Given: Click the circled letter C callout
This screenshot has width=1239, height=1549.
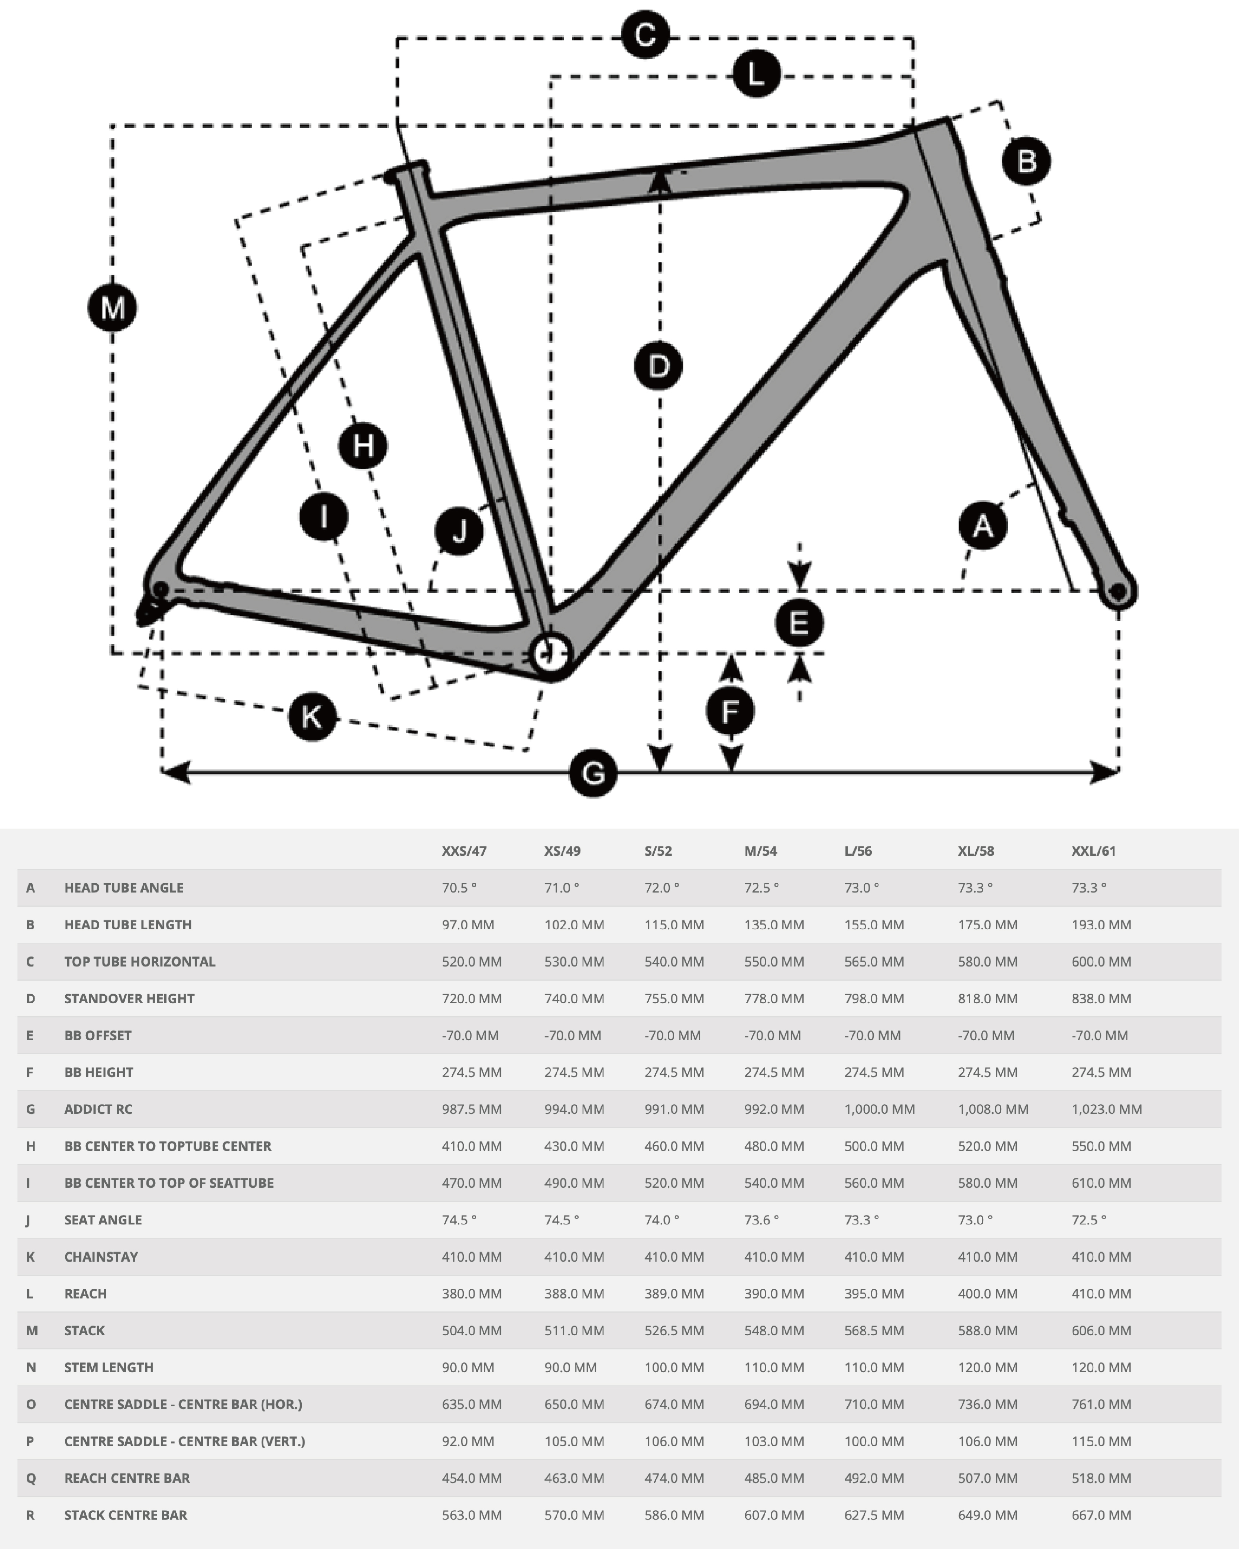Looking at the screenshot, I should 645,35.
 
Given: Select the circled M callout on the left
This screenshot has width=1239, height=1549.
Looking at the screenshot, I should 112,308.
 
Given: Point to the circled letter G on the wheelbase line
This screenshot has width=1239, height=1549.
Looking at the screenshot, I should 593,773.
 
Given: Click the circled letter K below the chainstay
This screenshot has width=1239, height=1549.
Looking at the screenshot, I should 312,716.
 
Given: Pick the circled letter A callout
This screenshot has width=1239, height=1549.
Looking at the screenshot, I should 983,526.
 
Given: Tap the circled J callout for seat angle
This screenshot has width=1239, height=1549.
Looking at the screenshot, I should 459,531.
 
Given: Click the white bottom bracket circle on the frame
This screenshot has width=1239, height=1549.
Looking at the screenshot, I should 550,654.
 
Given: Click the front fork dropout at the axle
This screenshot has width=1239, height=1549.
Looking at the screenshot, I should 1117,591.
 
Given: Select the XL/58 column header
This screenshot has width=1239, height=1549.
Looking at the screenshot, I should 976,851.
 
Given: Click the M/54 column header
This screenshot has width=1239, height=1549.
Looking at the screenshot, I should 760,851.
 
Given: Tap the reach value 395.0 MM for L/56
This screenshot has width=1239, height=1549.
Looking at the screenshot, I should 873,1293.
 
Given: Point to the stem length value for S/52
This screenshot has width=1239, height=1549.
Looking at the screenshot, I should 674,1367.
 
